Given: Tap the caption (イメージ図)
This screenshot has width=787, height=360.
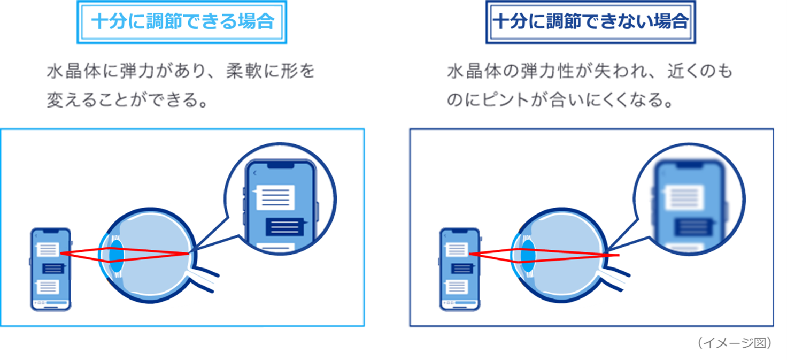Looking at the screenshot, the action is point(735,343).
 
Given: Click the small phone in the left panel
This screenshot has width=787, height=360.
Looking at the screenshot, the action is point(51,269).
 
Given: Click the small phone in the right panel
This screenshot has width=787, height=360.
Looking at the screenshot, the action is point(460,269).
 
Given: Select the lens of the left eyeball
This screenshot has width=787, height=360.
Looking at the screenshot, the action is point(117,256).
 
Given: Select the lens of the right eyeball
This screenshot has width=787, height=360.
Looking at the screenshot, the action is point(528,256).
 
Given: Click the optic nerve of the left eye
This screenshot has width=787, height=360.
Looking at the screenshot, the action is point(203,279).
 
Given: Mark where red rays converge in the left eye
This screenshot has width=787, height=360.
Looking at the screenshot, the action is point(189,254).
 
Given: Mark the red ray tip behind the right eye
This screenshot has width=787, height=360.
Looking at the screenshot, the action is point(619,255).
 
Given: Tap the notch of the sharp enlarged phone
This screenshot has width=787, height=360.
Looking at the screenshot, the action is point(281,165).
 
